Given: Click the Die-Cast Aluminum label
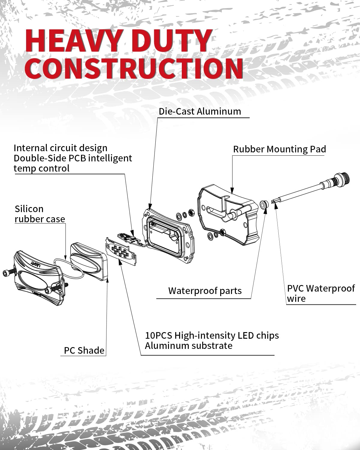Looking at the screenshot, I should click(x=200, y=111).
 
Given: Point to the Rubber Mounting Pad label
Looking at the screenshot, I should click(x=279, y=149).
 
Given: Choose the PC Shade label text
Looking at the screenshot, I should click(x=84, y=350).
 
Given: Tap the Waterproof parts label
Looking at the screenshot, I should click(x=205, y=291).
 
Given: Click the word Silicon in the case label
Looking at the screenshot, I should click(x=29, y=209).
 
